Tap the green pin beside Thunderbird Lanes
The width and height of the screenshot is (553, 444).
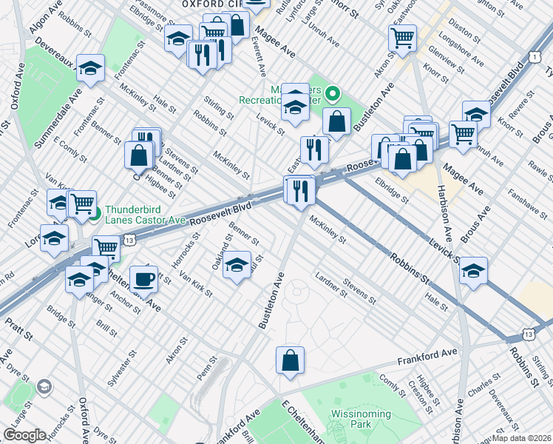(x=95, y=216)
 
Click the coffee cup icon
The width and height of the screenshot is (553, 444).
(x=143, y=280)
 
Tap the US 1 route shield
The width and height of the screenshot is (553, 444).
(x=533, y=57)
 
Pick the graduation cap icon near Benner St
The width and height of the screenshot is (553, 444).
(x=237, y=265)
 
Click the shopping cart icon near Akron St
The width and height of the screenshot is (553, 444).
(x=402, y=38)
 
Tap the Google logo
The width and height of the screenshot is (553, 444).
(x=24, y=435)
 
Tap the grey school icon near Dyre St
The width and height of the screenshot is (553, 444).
(x=44, y=387)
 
